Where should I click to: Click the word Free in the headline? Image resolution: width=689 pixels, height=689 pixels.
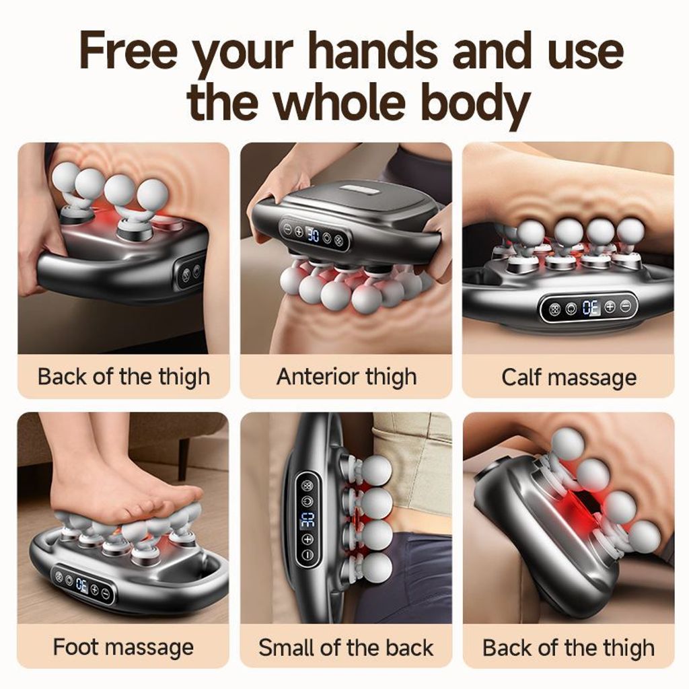point(128,50)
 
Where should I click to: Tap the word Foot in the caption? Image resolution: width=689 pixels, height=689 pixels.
point(75,647)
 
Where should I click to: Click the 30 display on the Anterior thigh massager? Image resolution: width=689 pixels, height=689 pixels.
point(312,234)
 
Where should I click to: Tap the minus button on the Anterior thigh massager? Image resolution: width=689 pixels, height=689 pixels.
point(288,229)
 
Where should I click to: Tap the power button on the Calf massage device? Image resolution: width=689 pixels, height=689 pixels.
point(571,309)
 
